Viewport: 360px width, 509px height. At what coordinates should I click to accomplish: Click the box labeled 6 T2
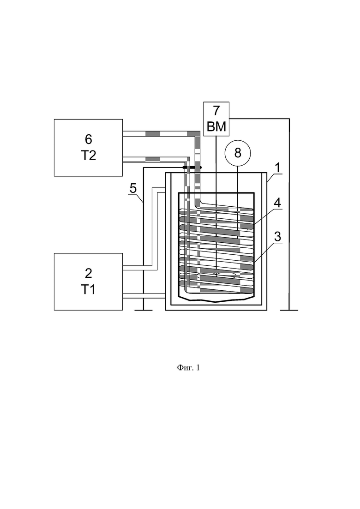88,148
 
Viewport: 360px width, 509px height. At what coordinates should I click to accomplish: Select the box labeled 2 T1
88,281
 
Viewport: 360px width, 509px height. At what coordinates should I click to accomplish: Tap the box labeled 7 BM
216,119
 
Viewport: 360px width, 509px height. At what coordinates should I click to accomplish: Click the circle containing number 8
238,153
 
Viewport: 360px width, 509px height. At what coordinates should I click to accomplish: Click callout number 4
277,203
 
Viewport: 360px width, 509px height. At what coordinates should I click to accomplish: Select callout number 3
277,236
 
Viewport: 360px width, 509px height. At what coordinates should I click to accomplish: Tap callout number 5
133,189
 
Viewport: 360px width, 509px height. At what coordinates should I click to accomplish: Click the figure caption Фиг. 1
188,368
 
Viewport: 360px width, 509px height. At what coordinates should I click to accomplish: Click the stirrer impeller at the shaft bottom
216,276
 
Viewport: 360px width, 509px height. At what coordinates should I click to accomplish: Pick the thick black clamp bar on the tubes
192,168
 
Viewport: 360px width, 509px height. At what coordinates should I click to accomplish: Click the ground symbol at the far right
289,310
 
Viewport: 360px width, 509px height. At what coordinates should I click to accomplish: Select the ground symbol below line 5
143,310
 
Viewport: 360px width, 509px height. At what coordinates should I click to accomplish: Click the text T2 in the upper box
88,156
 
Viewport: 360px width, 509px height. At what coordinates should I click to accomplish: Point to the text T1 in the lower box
88,289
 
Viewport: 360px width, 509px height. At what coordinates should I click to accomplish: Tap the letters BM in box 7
216,126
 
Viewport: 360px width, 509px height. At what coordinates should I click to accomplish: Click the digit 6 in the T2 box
88,139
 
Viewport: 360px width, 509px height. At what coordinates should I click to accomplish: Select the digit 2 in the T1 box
88,273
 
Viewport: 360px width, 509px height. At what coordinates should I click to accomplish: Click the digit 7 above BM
216,110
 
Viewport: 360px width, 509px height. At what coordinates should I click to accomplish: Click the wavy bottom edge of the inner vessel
216,300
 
